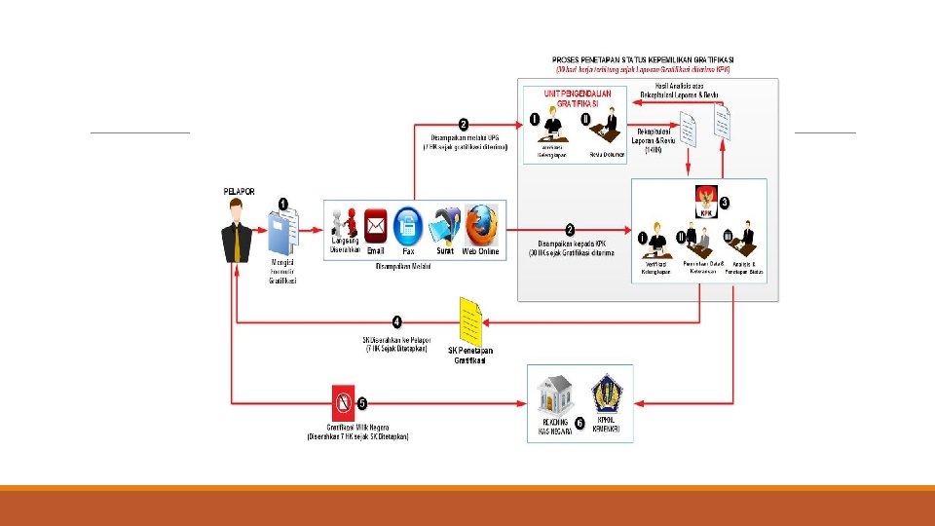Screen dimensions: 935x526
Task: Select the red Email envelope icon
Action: point(376,226)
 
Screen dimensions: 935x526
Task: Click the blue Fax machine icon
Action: point(408,226)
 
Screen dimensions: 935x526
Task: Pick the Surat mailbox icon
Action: point(445,225)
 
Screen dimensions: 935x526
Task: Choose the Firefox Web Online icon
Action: point(481,225)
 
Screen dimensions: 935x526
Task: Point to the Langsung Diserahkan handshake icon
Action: point(344,223)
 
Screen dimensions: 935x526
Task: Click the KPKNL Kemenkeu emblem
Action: point(605,394)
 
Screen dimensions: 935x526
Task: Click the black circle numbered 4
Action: point(397,320)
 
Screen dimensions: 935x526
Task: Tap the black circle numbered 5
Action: point(362,402)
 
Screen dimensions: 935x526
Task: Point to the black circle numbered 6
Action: point(580,424)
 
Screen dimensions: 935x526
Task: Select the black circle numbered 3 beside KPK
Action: point(725,202)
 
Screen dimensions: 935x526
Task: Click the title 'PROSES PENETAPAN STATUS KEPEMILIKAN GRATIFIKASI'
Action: point(642,59)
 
